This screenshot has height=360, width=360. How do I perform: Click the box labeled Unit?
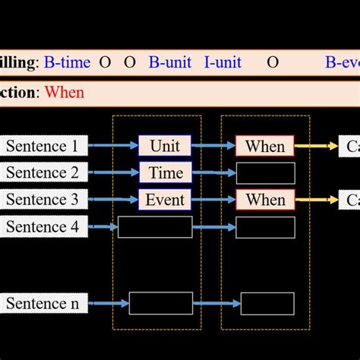coord(165,146)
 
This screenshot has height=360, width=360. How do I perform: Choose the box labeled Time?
coord(165,173)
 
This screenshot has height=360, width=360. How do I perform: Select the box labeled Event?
coord(165,200)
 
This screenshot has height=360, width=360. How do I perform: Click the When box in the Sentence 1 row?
coord(265,146)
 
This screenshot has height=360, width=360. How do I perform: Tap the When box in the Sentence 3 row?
coord(265,200)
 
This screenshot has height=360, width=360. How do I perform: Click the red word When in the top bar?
coord(65,93)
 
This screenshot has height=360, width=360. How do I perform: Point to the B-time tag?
coord(67,62)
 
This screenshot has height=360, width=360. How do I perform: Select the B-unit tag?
coord(169,62)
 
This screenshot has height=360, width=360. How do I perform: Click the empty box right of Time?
coord(265,173)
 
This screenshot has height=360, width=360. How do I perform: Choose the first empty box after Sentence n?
coord(160,304)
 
